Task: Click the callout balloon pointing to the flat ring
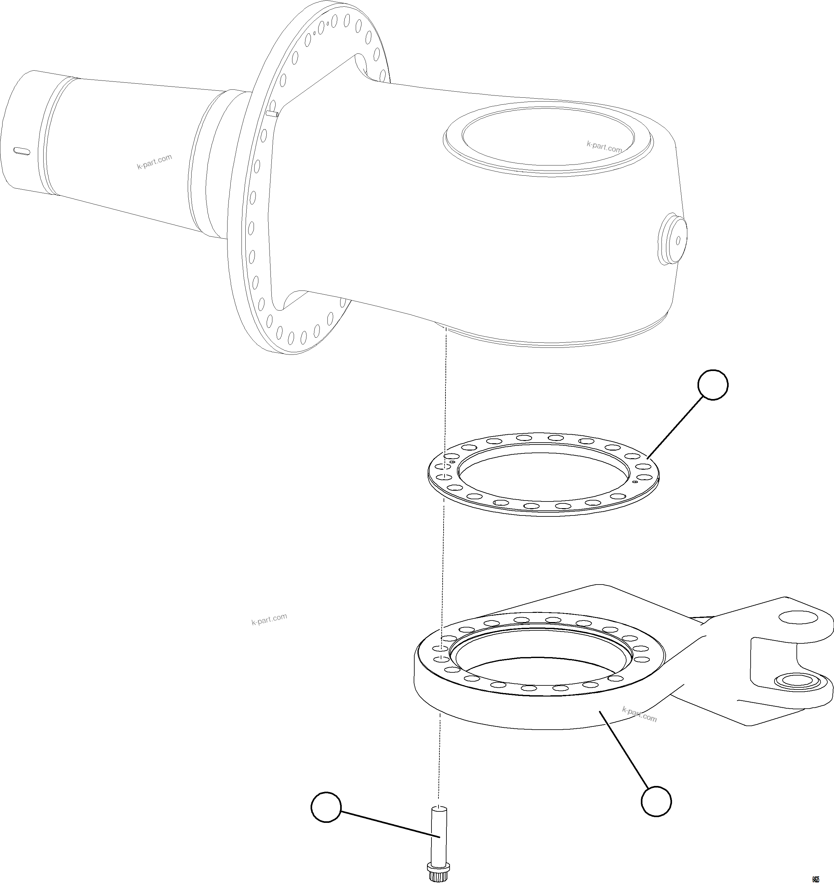point(713,385)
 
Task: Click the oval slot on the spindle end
point(22,151)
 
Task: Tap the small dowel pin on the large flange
point(272,114)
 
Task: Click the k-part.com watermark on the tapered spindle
point(154,162)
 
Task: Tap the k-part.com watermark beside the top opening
point(604,147)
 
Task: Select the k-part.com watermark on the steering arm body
point(639,714)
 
